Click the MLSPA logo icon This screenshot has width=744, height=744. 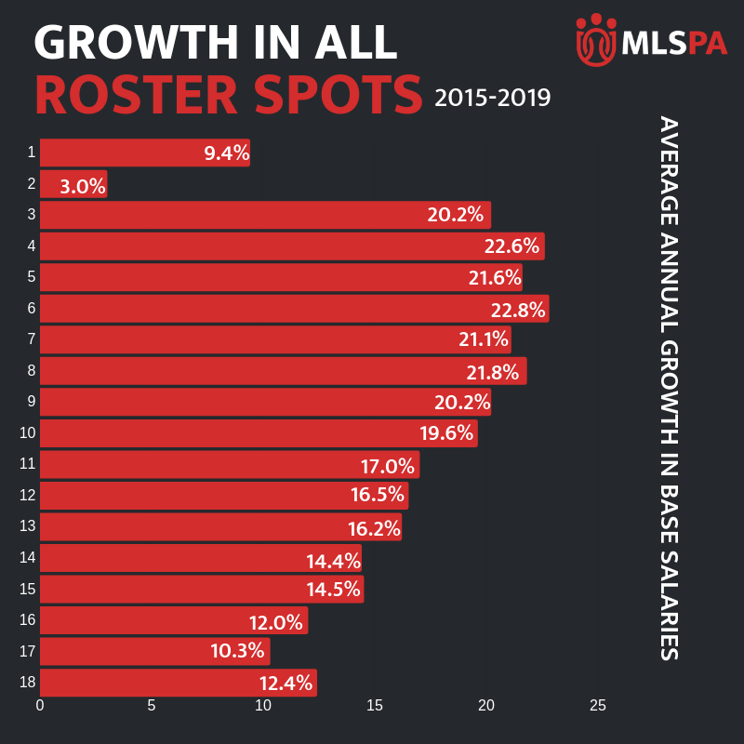(x=596, y=38)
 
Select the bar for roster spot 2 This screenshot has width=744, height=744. (x=73, y=184)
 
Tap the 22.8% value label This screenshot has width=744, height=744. (x=520, y=309)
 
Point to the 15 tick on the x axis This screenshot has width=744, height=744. (x=375, y=706)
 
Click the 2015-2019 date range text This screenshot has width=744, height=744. (x=492, y=97)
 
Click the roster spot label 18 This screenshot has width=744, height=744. (x=27, y=683)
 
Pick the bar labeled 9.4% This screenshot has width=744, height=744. (x=144, y=153)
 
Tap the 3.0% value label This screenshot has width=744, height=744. (x=82, y=185)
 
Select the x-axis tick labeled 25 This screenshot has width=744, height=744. (x=598, y=706)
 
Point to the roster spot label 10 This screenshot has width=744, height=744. (x=27, y=432)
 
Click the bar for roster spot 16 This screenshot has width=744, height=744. (x=173, y=620)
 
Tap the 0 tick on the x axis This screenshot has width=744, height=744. (x=40, y=706)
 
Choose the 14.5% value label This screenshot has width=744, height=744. (x=335, y=590)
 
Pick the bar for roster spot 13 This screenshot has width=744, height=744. (x=220, y=527)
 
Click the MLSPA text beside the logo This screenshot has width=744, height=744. (x=674, y=43)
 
